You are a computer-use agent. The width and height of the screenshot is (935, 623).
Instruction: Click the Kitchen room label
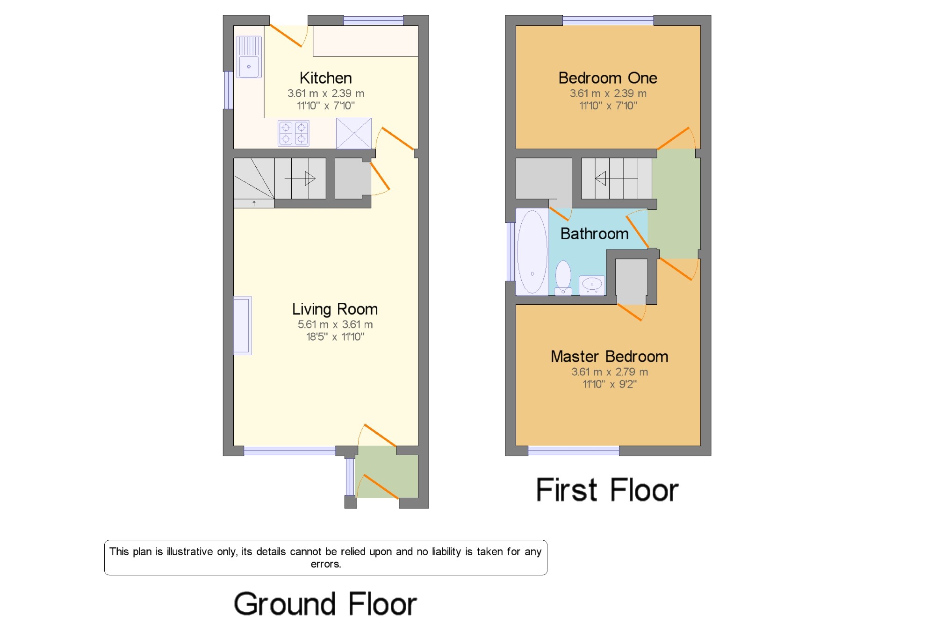pyautogui.click(x=325, y=78)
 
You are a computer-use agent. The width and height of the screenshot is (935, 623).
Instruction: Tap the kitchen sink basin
pyautogui.click(x=249, y=66)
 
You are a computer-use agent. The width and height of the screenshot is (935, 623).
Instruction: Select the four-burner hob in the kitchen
pyautogui.click(x=294, y=133)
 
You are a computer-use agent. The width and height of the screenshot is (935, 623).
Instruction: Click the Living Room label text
pyautogui.click(x=335, y=309)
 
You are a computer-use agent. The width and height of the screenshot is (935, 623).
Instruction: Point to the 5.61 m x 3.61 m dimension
pyautogui.click(x=335, y=324)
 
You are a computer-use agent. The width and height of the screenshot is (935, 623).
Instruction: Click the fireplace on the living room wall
pyautogui.click(x=243, y=326)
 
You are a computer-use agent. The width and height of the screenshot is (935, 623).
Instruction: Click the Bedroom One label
pyautogui.click(x=608, y=78)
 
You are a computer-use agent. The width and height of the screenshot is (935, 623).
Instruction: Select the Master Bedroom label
pyautogui.click(x=609, y=357)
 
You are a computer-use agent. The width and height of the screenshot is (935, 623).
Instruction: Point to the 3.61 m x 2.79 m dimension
pyautogui.click(x=610, y=372)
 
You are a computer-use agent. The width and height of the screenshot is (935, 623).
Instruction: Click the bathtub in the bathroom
pyautogui.click(x=532, y=252)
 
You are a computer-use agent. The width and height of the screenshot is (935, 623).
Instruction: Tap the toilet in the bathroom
pyautogui.click(x=563, y=278)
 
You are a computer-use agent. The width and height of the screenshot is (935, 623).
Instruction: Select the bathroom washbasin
pyautogui.click(x=592, y=285)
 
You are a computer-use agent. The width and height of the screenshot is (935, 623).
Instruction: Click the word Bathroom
pyautogui.click(x=594, y=234)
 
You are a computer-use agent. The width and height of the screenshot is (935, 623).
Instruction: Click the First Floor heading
pyautogui.click(x=607, y=490)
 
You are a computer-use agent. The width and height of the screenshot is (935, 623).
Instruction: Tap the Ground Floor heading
pyautogui.click(x=325, y=604)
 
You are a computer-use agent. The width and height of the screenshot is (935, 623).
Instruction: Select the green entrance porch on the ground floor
pyautogui.click(x=387, y=472)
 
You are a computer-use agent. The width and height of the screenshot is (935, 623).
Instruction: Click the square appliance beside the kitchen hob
pyautogui.click(x=354, y=133)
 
